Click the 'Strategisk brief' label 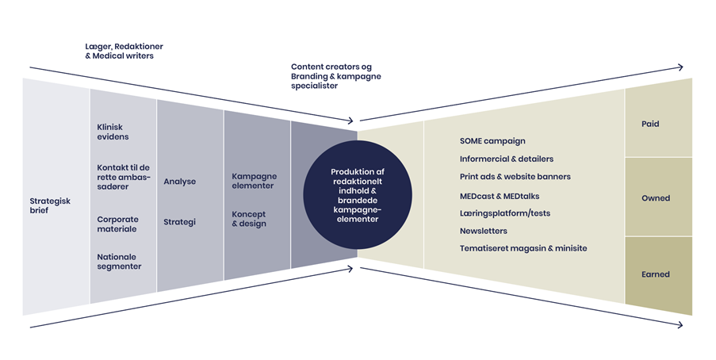pyautogui.click(x=50, y=206)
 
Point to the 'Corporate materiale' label pyautogui.click(x=117, y=224)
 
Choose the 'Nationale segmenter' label pyautogui.click(x=119, y=262)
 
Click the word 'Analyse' pyautogui.click(x=179, y=182)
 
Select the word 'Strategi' pyautogui.click(x=179, y=222)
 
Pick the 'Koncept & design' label pyautogui.click(x=249, y=219)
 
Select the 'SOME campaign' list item pyautogui.click(x=492, y=141)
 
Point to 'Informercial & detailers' pyautogui.click(x=506, y=159)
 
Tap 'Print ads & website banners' pyautogui.click(x=515, y=177)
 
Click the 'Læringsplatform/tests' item pyautogui.click(x=504, y=213)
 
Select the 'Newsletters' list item pyautogui.click(x=483, y=232)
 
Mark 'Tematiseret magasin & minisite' pyautogui.click(x=523, y=249)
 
